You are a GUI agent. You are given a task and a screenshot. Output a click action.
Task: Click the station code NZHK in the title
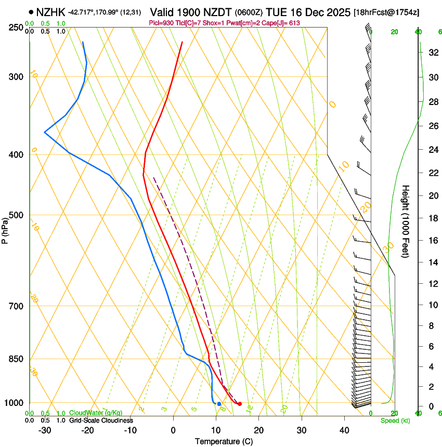pos(51,11)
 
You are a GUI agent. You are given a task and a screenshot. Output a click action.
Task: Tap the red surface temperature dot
pos(240,404)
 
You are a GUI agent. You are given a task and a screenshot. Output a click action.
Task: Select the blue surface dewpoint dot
pos(219,404)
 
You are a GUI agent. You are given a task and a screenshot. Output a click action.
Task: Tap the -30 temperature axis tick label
pos(44,430)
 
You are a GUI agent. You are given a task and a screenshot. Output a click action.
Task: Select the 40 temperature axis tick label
pos(344,430)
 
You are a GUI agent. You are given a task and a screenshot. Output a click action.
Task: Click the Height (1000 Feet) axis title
pos(406,221)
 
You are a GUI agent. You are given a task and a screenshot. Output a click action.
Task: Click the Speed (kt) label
pos(395,420)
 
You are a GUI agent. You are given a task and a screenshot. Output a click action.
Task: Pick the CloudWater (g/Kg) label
pos(93,413)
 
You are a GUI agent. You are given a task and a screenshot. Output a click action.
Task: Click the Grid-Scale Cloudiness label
pos(100,420)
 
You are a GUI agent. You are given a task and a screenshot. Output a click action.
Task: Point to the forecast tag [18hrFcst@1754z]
pos(386,12)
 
